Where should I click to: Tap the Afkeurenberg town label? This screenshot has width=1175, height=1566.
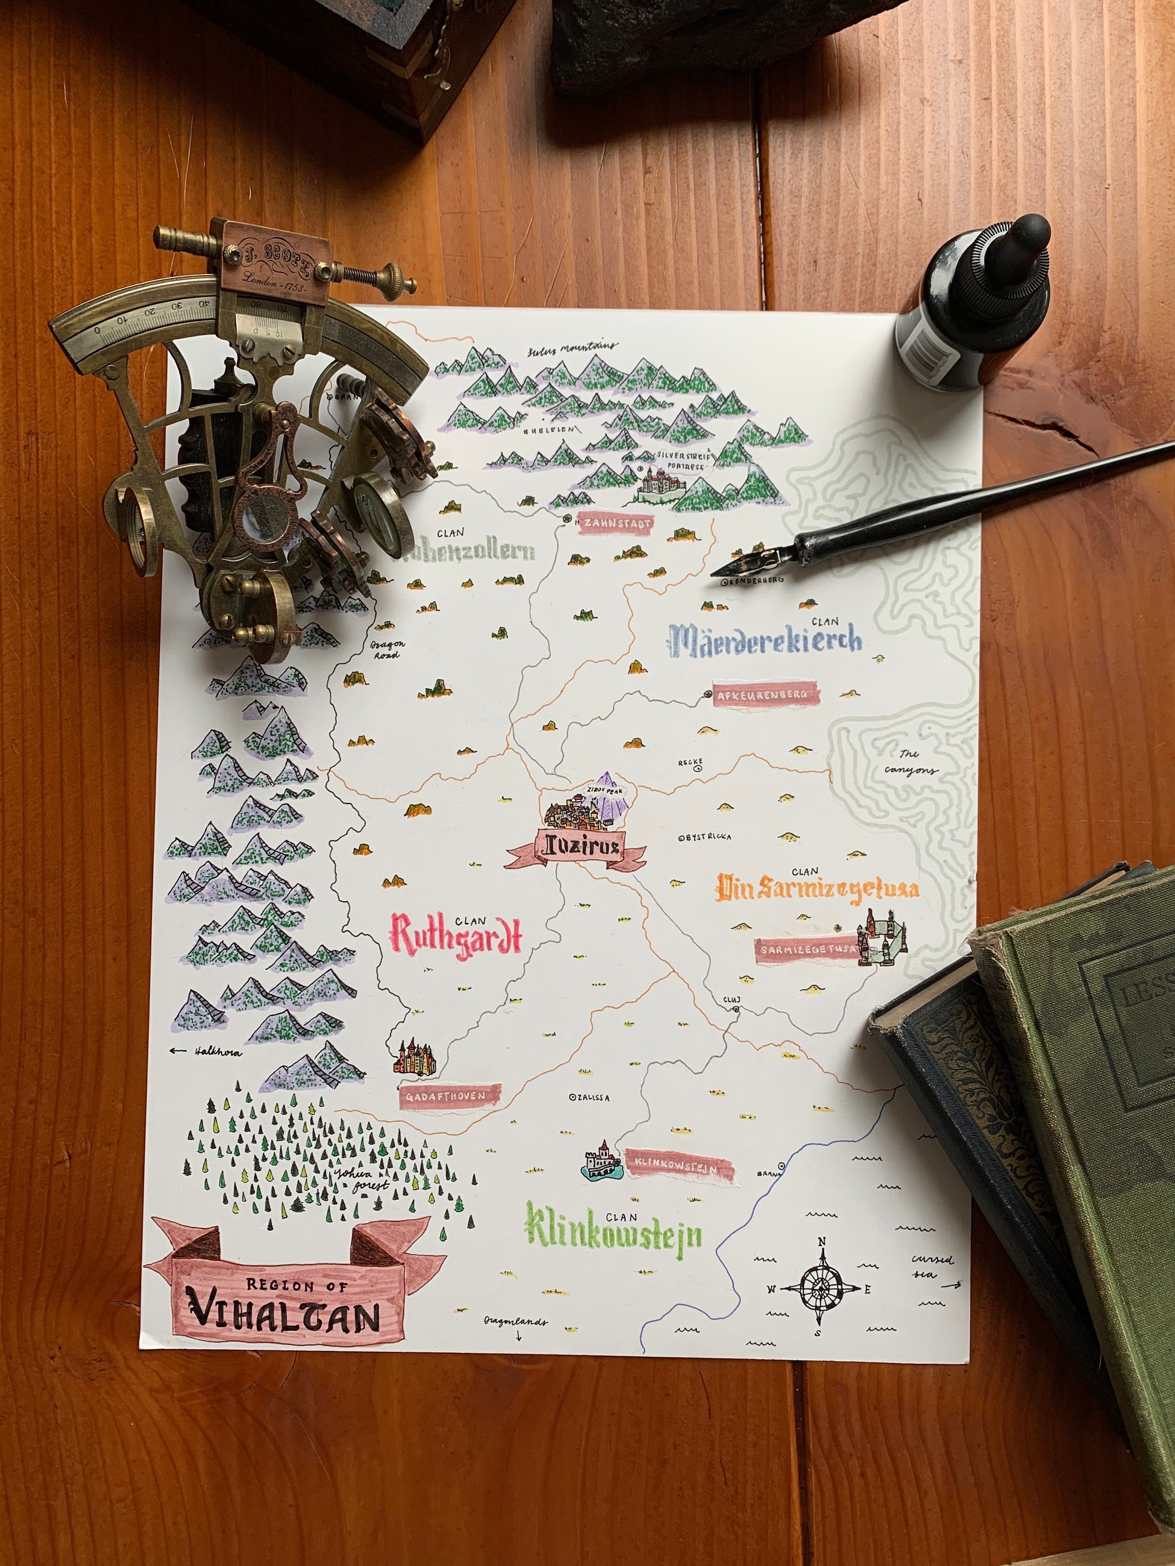766,695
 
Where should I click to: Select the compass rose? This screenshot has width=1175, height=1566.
821,1288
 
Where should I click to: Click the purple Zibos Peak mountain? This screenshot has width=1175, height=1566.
607,801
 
